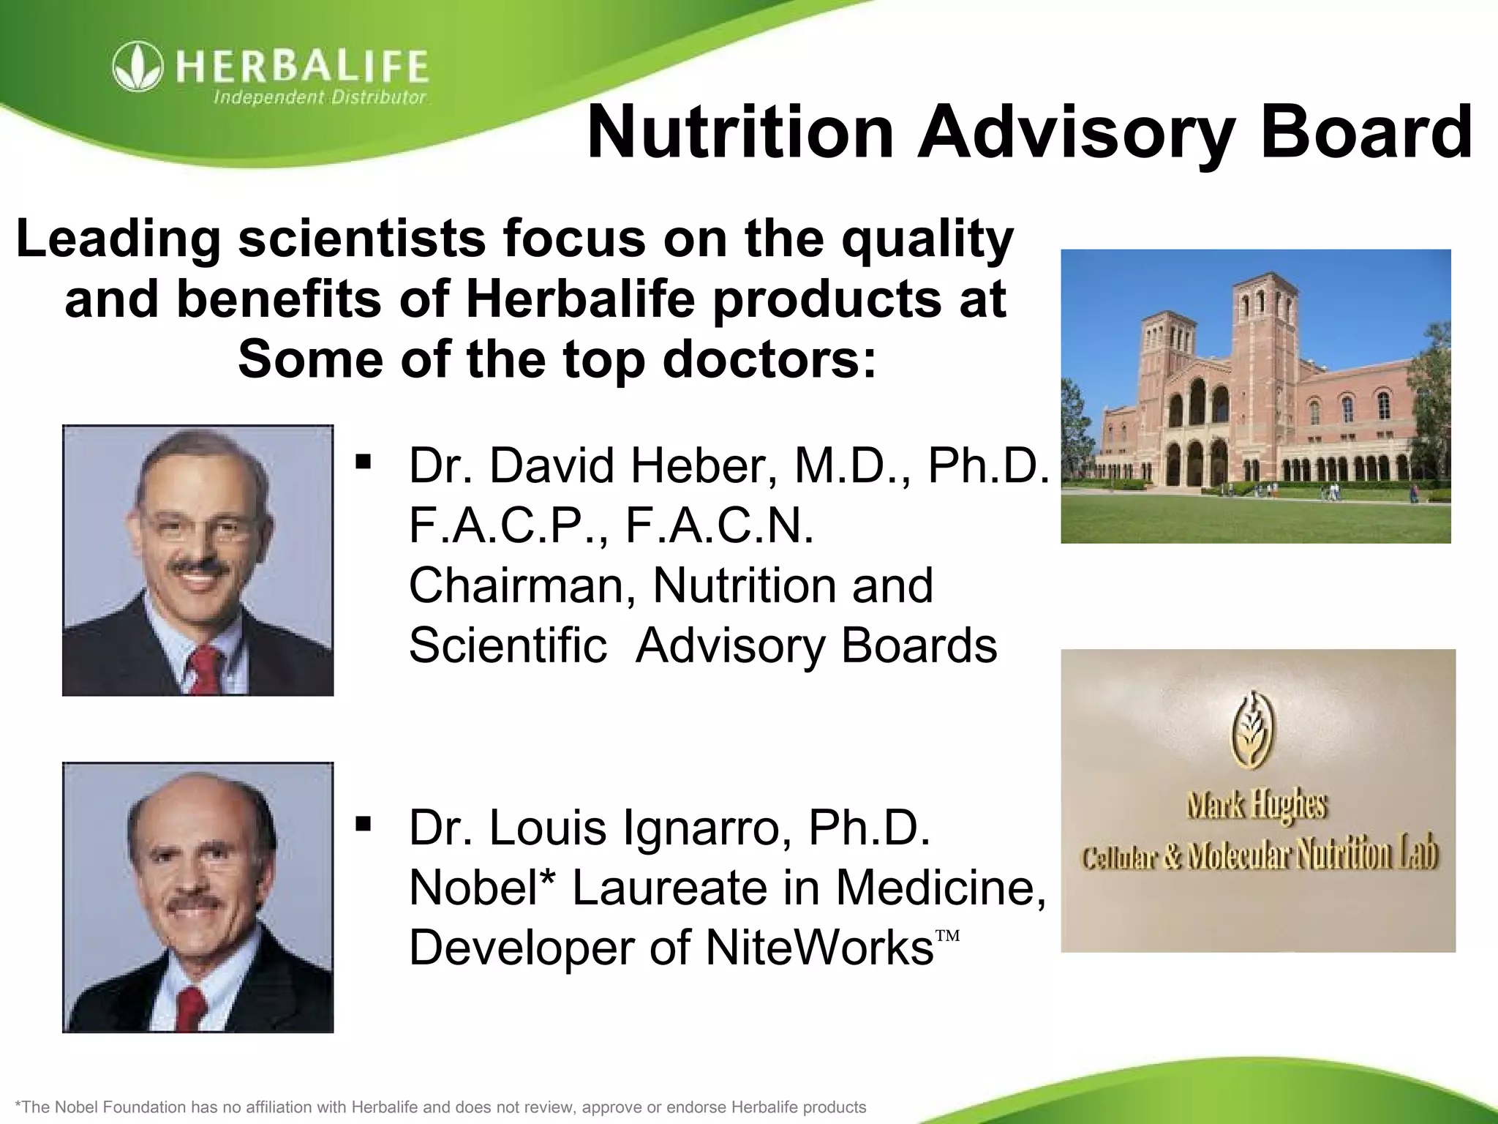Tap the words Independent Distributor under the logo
pyautogui.click(x=319, y=98)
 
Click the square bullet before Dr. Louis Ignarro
pyautogui.click(x=362, y=825)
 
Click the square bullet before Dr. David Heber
pyautogui.click(x=362, y=462)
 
